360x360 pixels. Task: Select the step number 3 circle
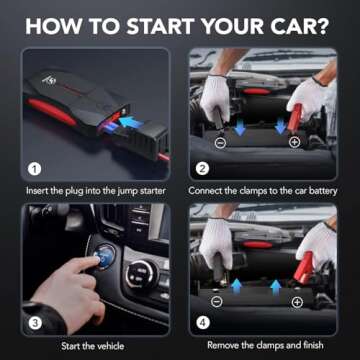(35, 322)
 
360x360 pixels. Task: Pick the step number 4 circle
(201, 322)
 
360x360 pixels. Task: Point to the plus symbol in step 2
(294, 143)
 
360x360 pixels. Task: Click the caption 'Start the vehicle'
(90, 346)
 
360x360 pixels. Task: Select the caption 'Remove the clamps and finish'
(266, 346)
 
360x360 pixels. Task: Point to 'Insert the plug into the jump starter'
(91, 190)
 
